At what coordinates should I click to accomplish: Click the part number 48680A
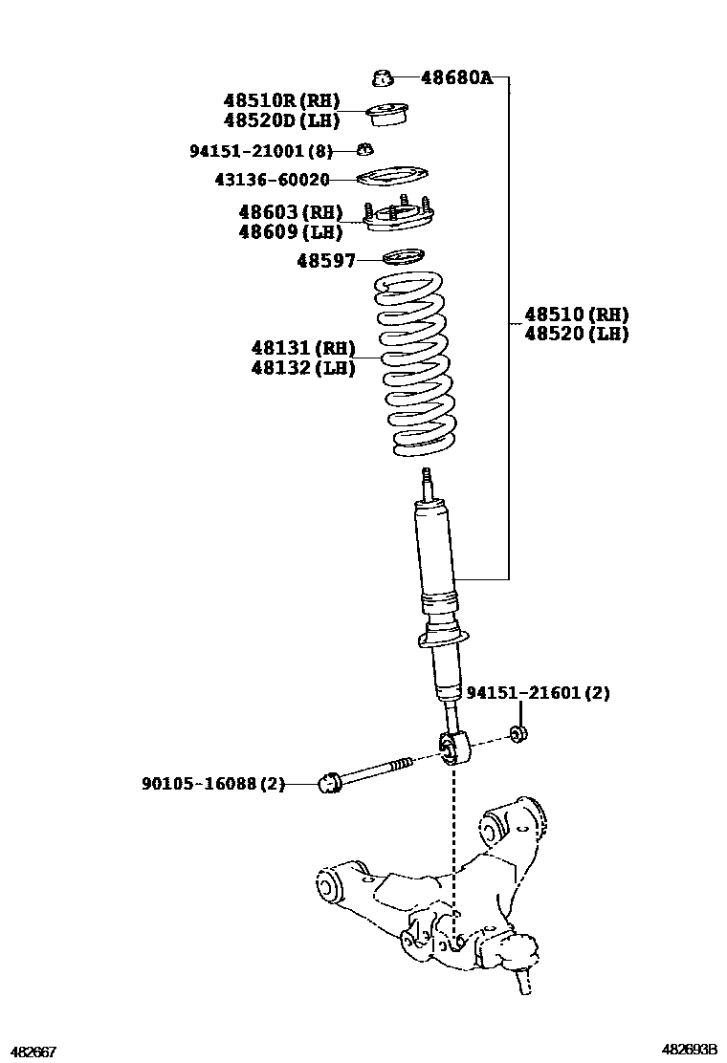(456, 77)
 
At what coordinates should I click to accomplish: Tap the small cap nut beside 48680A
(383, 78)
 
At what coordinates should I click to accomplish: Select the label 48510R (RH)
(281, 101)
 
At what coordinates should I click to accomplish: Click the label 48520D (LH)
(281, 120)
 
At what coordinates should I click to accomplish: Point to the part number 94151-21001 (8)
(261, 151)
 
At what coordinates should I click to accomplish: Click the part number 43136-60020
(272, 180)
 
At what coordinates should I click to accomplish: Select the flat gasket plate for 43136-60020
(392, 177)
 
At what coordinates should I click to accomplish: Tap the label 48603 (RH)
(290, 212)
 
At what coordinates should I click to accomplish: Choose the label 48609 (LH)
(290, 232)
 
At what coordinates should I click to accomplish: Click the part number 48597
(326, 260)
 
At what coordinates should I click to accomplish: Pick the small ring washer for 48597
(404, 257)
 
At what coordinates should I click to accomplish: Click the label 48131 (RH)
(303, 349)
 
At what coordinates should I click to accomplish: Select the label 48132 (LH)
(303, 368)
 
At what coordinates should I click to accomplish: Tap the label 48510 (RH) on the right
(577, 315)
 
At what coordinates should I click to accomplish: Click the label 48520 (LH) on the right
(577, 334)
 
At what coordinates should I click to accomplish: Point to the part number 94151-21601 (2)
(538, 693)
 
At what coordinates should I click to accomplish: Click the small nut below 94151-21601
(519, 733)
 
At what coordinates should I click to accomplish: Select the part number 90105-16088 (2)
(213, 784)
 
